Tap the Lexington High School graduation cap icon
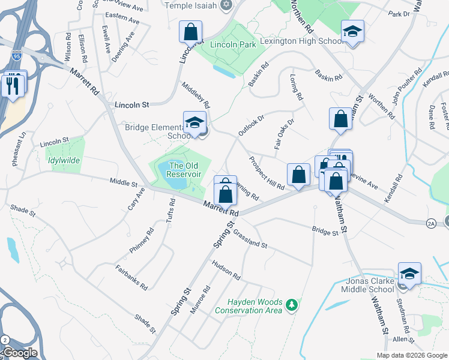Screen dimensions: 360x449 [x=352, y=31]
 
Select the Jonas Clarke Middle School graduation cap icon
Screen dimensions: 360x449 [x=409, y=274]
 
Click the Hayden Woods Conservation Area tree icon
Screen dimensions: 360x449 [x=292, y=305]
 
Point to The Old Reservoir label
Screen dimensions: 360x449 [x=183, y=170]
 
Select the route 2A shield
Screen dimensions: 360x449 [x=431, y=223]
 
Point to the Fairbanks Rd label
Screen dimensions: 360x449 [x=131, y=277]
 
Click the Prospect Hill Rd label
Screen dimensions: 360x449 [x=266, y=173]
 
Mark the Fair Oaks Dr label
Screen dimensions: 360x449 [x=285, y=134]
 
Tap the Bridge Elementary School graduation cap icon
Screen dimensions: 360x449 [x=194, y=123]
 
